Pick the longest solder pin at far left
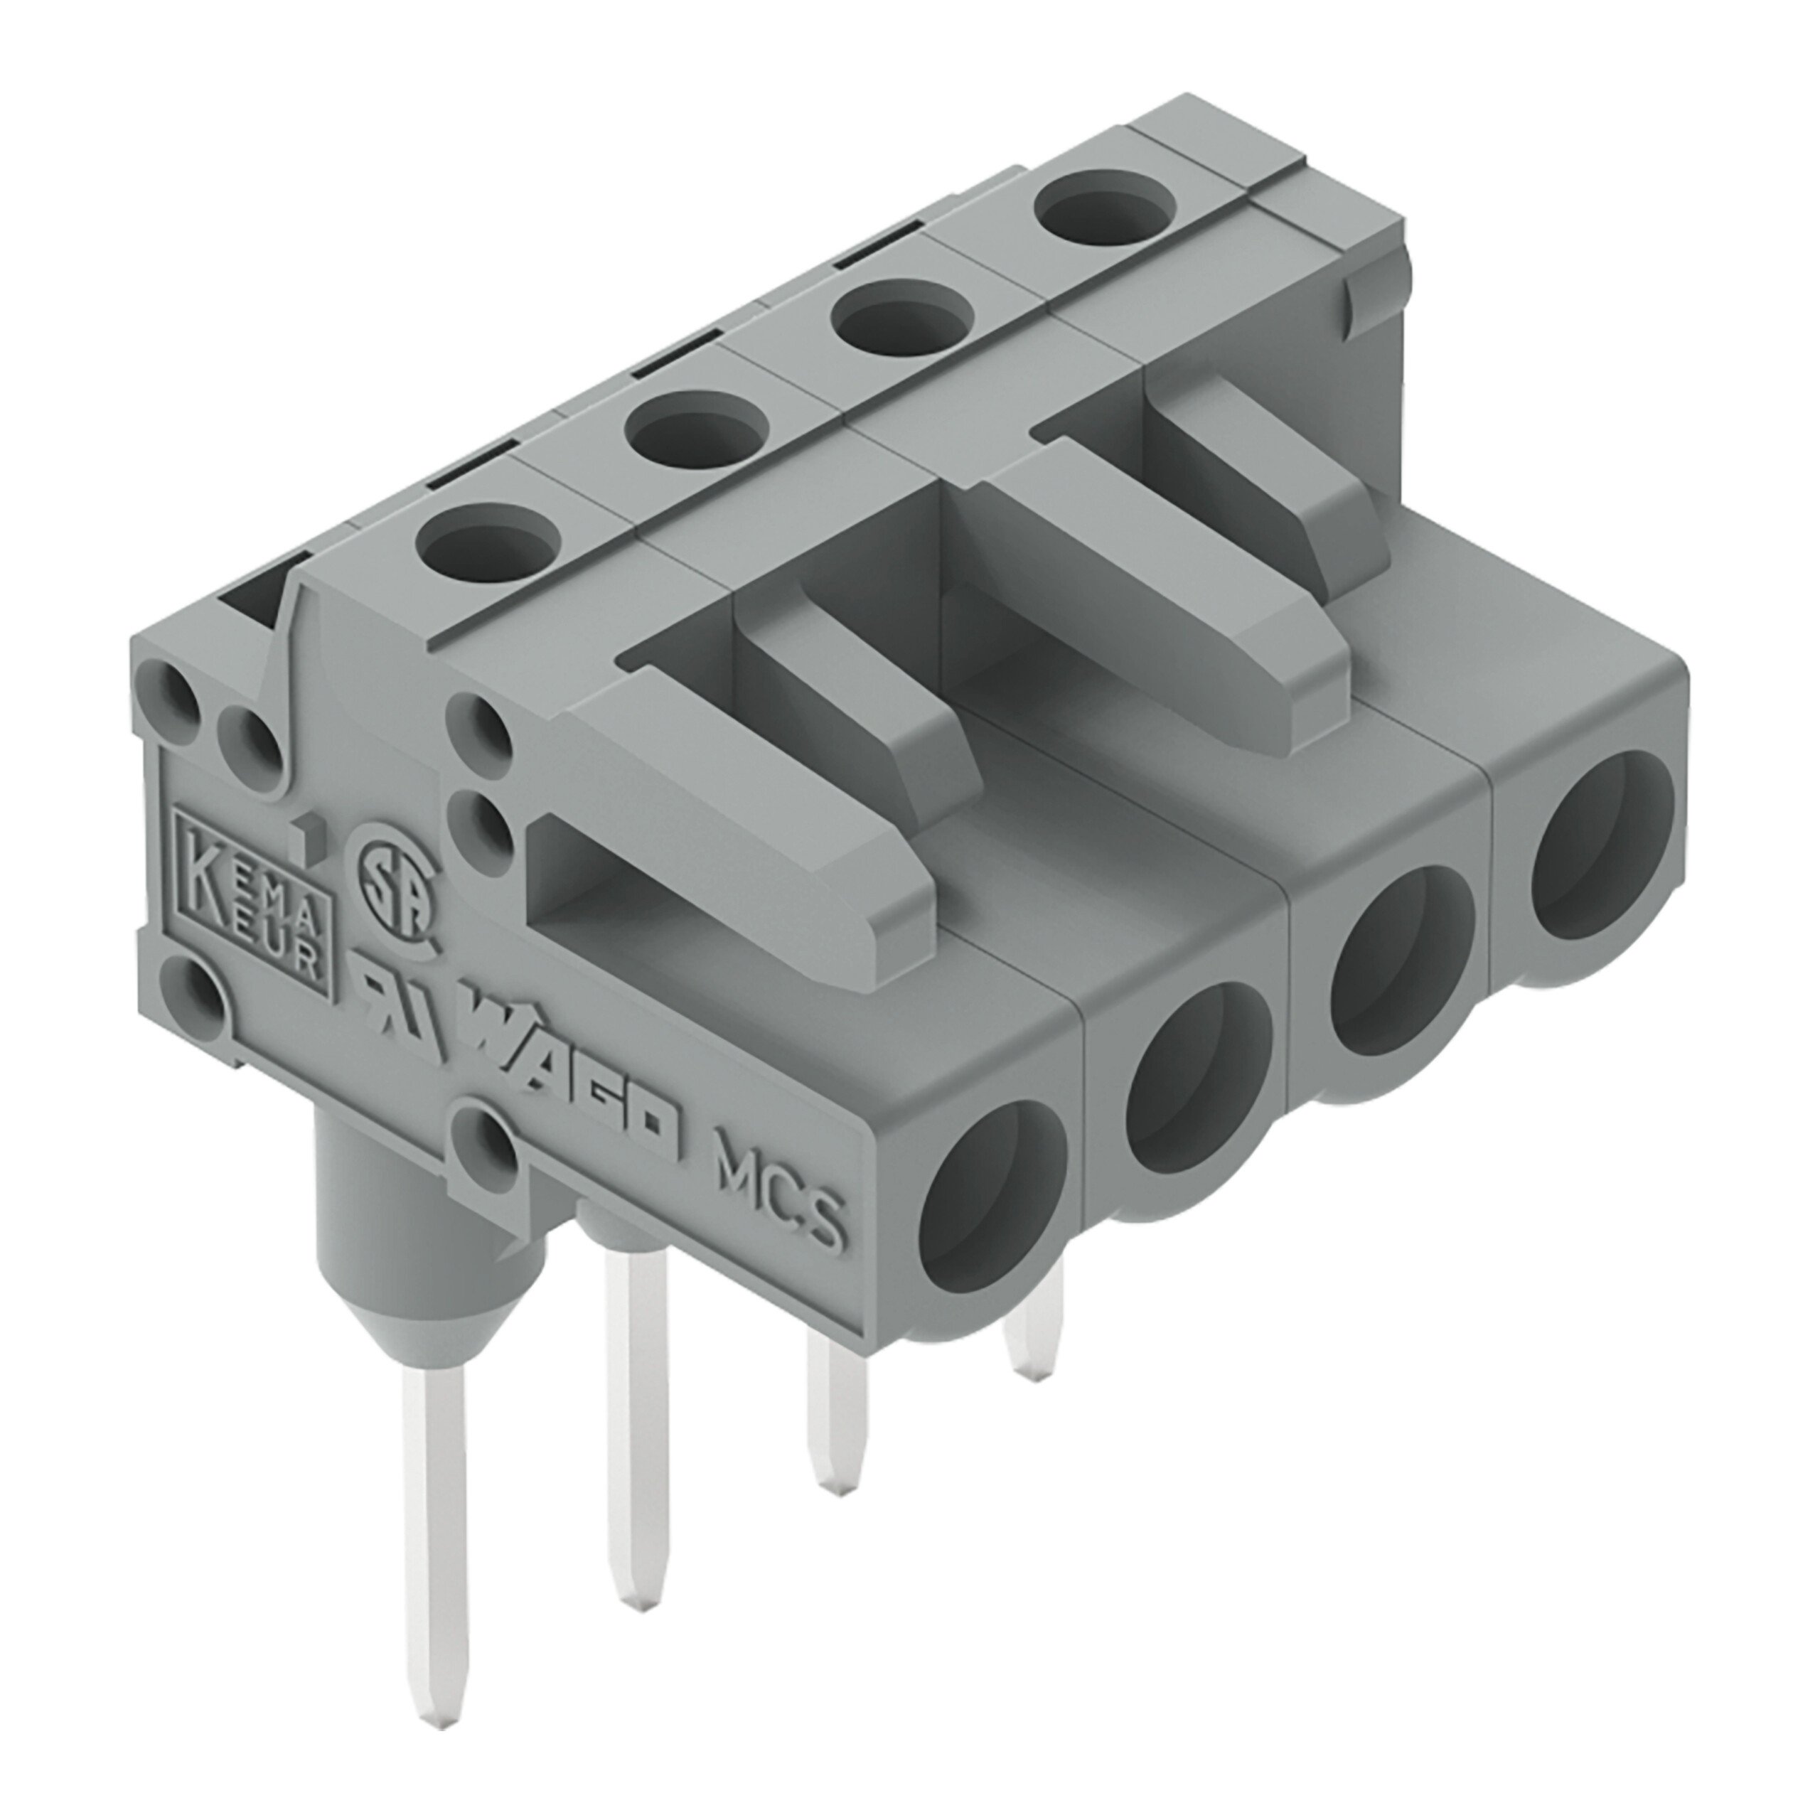pos(434,1526)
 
